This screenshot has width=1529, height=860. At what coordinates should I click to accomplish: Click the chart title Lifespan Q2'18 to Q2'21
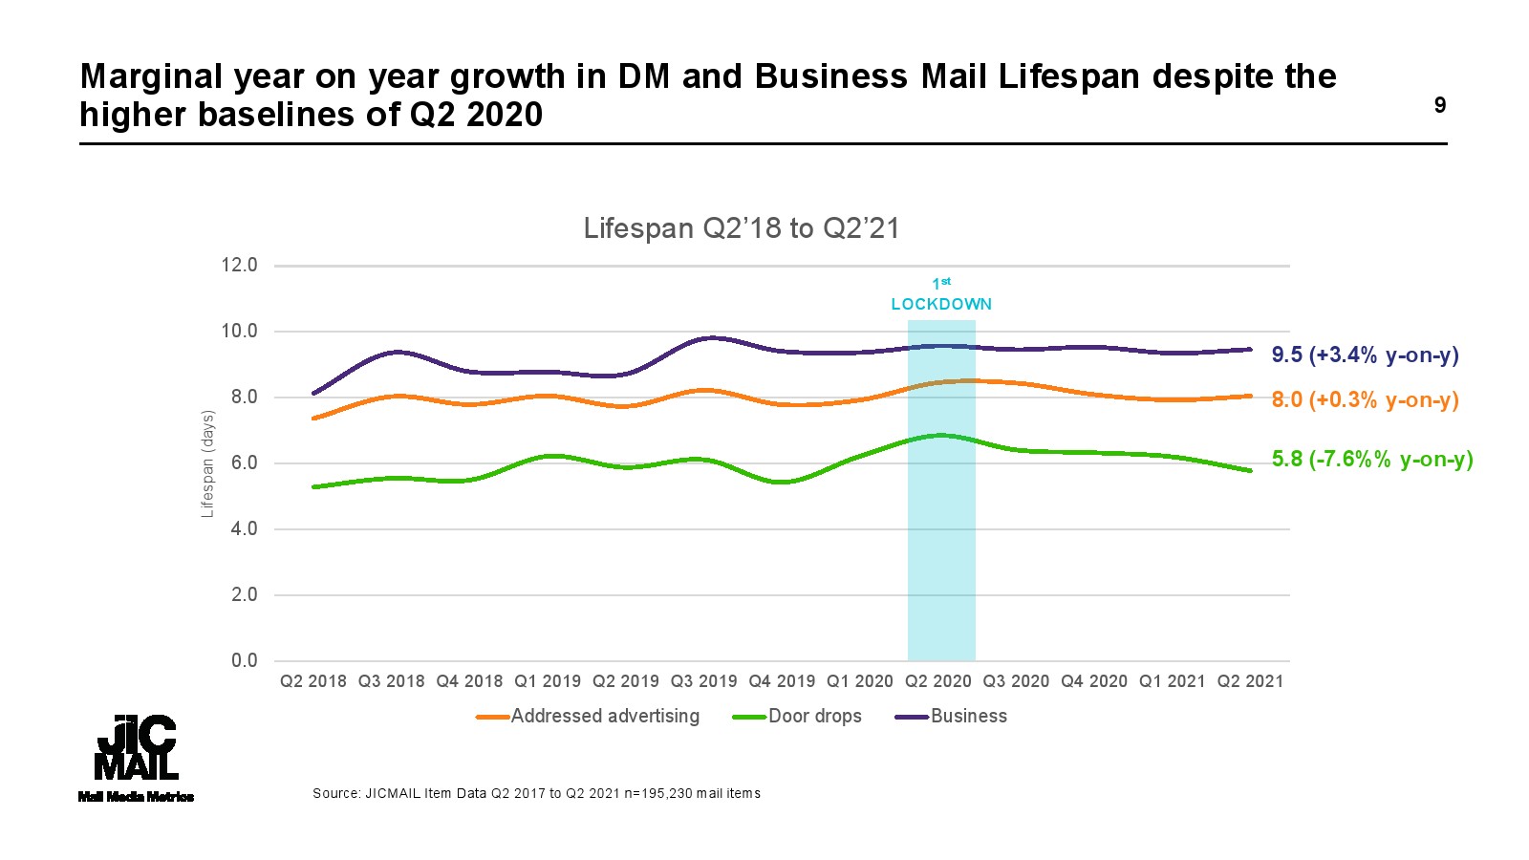coord(742,228)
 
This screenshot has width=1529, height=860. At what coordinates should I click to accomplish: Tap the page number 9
coord(1440,105)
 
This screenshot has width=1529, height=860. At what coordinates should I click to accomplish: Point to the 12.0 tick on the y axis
coord(239,266)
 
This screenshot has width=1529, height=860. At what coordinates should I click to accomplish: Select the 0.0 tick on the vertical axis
coord(244,660)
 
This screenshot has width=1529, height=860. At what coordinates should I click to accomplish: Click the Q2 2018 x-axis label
coord(313,681)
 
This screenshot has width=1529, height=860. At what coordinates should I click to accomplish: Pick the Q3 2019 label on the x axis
coord(703,681)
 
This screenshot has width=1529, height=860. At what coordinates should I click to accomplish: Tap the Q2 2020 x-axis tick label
coord(937,681)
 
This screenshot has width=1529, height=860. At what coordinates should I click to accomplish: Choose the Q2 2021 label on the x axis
coord(1250,681)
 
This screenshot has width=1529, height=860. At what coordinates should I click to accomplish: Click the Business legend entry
coord(952,716)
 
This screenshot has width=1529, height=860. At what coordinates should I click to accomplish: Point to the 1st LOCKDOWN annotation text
coord(941,296)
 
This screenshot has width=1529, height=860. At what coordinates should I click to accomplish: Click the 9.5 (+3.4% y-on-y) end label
coord(1365,355)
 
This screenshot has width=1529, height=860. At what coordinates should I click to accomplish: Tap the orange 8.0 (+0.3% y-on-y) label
coord(1365,399)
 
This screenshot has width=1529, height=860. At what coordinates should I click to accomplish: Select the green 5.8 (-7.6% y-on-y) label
coord(1372,459)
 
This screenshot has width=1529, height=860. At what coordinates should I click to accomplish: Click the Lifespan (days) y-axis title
coord(207,463)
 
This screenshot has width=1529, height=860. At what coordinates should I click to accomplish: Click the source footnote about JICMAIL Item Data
coord(536,793)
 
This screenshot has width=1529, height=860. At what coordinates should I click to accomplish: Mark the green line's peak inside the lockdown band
coord(941,435)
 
